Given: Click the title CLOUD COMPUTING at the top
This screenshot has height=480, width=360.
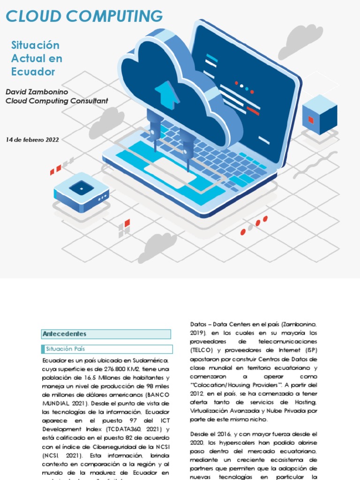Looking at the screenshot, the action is (x=84, y=16).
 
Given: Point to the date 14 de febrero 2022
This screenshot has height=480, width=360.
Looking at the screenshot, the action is (x=32, y=139).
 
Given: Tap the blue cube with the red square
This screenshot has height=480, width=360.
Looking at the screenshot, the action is (x=319, y=115).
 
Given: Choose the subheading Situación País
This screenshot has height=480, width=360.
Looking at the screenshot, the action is (x=65, y=349).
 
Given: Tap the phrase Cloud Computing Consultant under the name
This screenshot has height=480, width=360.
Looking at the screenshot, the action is (x=57, y=101).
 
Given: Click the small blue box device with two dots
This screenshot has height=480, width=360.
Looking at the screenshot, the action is (x=82, y=191).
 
